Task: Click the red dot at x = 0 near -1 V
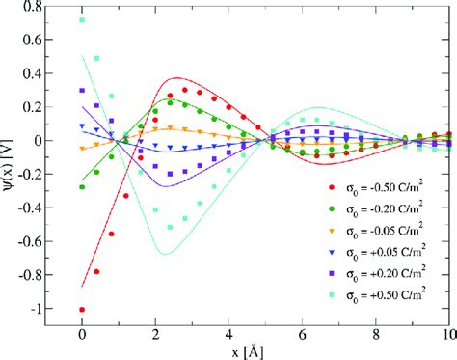(x=82, y=310)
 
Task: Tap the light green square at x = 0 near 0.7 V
(x=82, y=20)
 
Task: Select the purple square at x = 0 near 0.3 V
(x=82, y=91)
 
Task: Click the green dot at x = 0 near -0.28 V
(x=82, y=187)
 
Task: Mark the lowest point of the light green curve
(x=163, y=254)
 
